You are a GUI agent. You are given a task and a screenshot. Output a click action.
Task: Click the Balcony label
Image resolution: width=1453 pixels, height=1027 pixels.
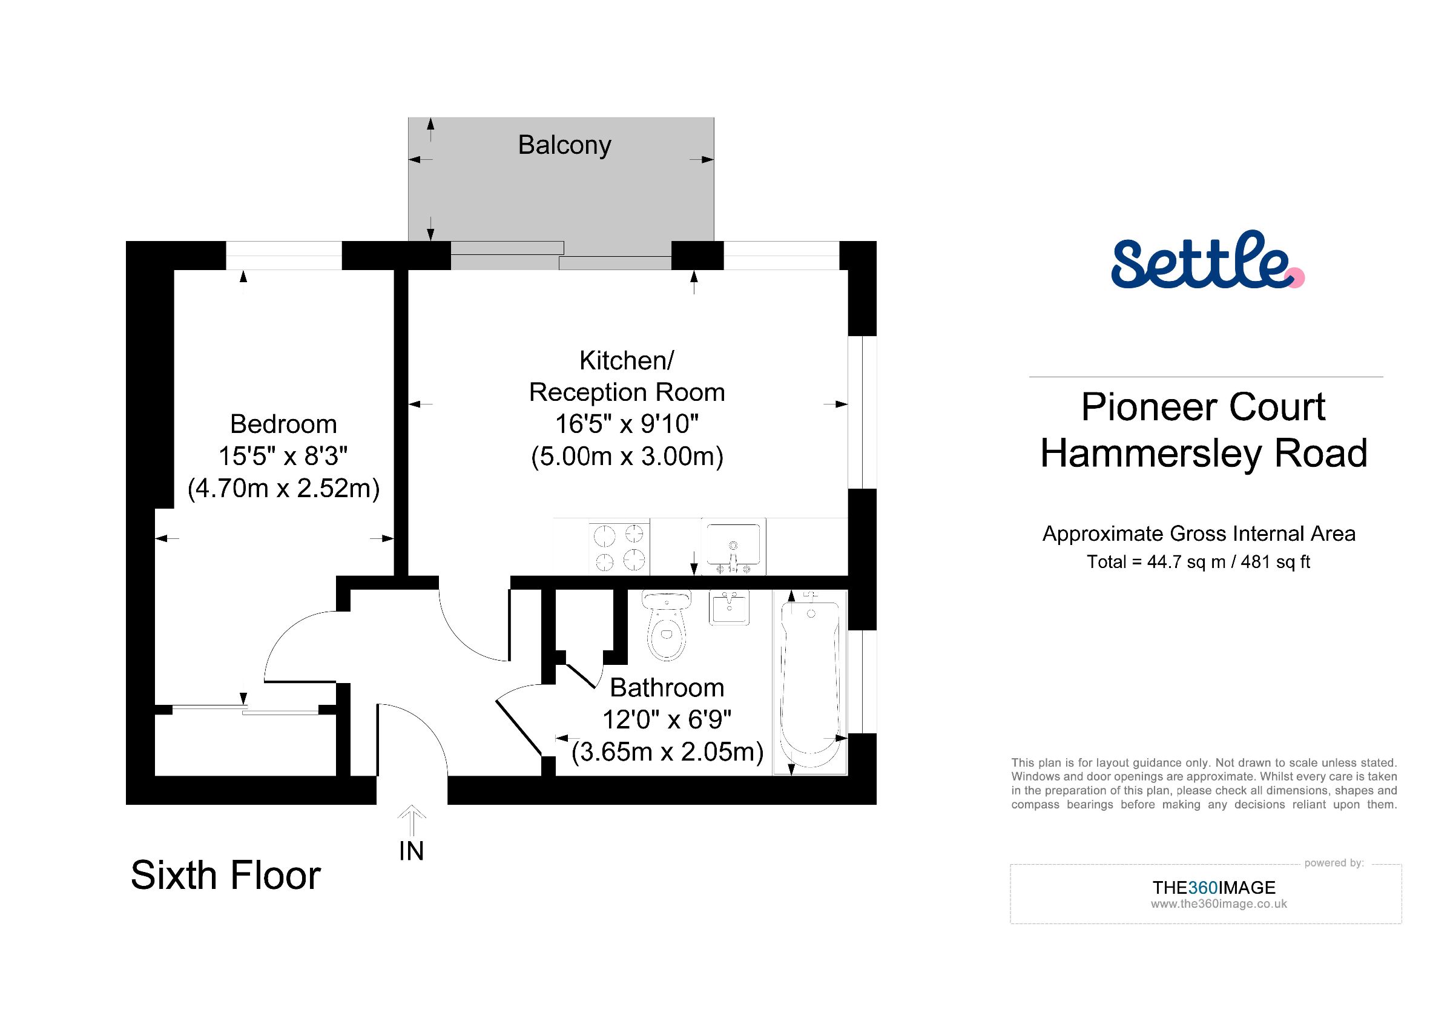click(x=564, y=145)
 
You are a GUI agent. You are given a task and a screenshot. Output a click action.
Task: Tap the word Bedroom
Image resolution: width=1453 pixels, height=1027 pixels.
click(x=283, y=424)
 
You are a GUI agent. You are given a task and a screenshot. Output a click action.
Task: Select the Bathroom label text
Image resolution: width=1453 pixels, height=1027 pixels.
click(x=667, y=688)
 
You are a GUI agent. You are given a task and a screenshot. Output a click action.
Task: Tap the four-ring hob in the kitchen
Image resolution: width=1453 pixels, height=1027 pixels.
click(x=619, y=547)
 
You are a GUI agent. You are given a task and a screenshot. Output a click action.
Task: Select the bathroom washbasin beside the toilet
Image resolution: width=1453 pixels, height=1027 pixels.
click(x=729, y=607)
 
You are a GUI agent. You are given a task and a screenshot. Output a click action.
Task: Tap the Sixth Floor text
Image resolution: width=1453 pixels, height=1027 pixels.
click(x=226, y=875)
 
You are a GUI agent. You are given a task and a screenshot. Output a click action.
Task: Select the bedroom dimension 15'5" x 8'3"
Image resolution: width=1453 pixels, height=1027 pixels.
click(x=283, y=455)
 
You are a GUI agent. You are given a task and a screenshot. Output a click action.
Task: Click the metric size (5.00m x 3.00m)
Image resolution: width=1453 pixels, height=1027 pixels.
click(x=627, y=456)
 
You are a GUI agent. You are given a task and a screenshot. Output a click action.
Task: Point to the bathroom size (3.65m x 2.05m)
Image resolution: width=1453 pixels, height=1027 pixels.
click(x=668, y=751)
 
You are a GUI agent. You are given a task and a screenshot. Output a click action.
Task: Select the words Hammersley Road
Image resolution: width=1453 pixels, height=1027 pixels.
click(x=1204, y=453)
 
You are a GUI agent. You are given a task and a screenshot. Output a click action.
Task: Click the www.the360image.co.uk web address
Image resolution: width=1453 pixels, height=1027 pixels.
click(x=1219, y=904)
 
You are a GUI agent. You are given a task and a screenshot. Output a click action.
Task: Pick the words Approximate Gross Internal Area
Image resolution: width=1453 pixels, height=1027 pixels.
click(x=1199, y=534)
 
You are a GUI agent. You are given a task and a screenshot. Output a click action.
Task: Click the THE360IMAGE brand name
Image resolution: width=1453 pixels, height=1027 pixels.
click(x=1214, y=887)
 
